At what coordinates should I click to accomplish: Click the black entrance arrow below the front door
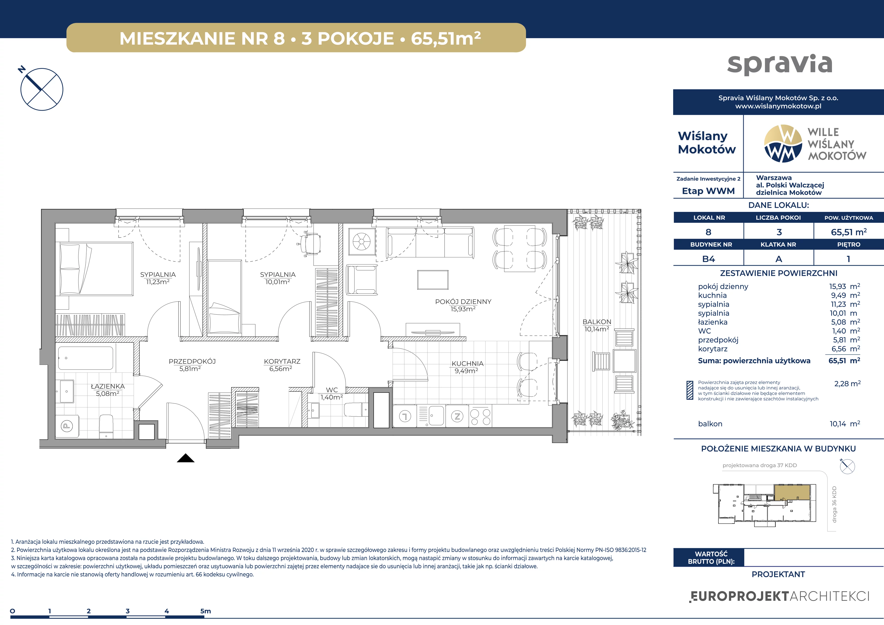click(186, 458)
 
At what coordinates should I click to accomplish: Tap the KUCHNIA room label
click(467, 363)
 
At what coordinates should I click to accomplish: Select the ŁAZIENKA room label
click(108, 386)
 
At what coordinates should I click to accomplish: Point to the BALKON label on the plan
click(597, 322)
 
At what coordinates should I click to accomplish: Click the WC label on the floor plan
click(332, 390)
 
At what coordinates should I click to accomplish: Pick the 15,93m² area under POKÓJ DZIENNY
click(463, 309)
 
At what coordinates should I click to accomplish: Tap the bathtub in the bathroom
click(85, 358)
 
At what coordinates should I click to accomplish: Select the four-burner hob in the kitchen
click(480, 416)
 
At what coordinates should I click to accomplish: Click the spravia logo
click(780, 64)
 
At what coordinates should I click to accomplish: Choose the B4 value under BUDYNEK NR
click(708, 259)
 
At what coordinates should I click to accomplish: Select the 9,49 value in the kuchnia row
click(838, 295)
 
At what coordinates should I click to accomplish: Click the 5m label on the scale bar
click(206, 611)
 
